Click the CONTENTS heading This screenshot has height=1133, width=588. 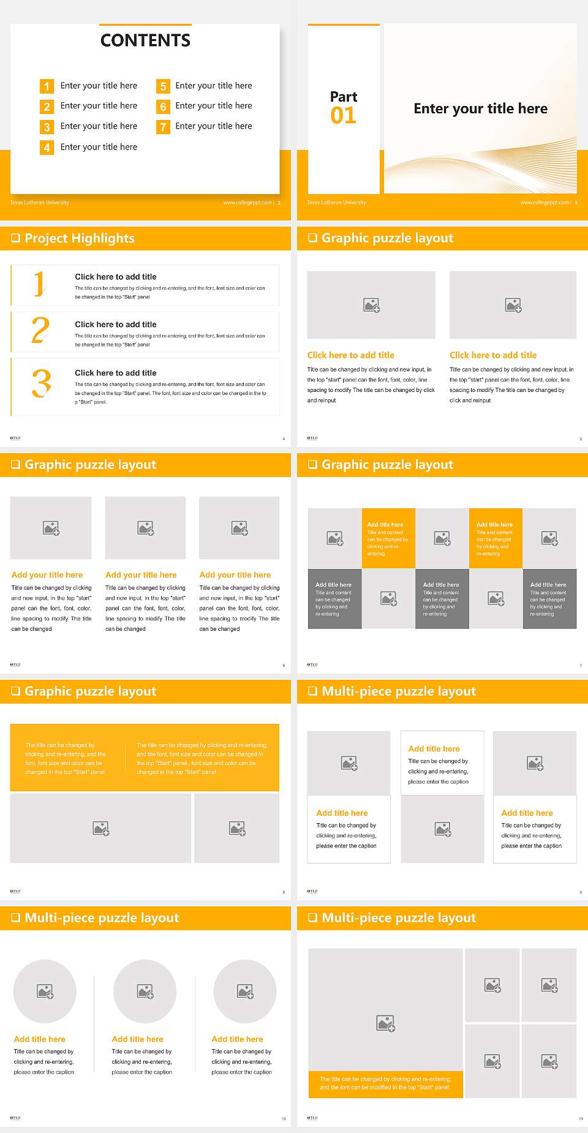(x=145, y=40)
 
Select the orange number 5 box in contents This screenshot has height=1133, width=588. (x=163, y=86)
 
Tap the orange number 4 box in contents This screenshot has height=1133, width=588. (x=47, y=148)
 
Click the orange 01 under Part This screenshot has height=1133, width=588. (x=343, y=116)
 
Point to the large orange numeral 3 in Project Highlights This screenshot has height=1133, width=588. (x=41, y=384)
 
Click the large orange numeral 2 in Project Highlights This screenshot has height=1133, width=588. (x=40, y=331)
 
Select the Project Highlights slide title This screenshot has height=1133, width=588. (x=79, y=238)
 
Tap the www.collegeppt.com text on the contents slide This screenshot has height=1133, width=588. (x=247, y=203)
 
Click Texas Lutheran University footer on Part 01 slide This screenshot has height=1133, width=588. (x=336, y=203)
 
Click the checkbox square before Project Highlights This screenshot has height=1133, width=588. (x=15, y=238)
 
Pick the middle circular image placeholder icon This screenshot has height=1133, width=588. (x=145, y=991)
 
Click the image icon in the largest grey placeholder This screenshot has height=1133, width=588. (x=385, y=1023)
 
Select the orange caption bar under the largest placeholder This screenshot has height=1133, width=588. (x=385, y=1083)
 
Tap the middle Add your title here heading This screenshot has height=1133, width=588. (x=141, y=575)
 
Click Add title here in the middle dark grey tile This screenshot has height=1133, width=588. (x=441, y=585)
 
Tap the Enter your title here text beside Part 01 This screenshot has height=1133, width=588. (x=480, y=109)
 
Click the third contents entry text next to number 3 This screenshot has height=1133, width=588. (x=99, y=126)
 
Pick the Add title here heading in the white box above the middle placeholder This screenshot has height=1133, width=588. (x=434, y=749)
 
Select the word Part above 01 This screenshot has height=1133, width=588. (x=343, y=97)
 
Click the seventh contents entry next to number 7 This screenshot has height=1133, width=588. (x=213, y=126)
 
